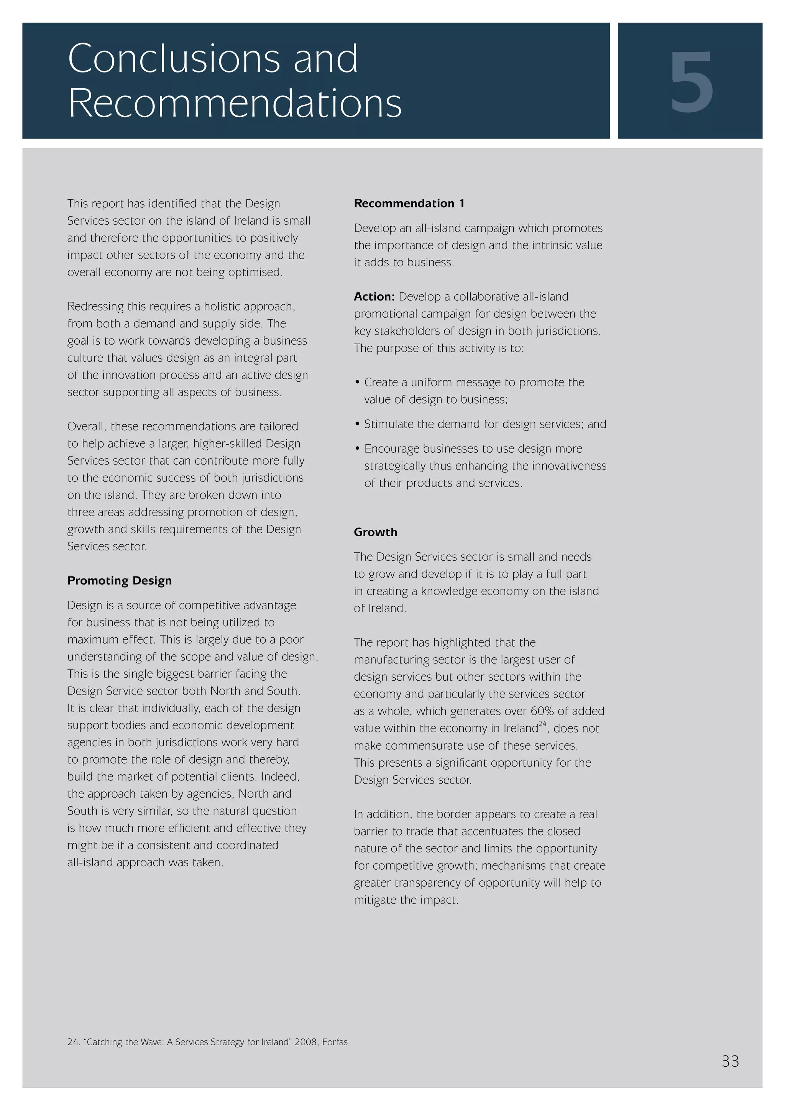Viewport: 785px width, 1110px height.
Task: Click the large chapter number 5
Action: [691, 82]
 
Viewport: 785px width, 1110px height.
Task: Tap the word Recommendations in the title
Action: [235, 103]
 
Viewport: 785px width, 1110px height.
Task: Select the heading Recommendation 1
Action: [409, 204]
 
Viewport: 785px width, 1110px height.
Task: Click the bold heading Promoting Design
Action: [119, 581]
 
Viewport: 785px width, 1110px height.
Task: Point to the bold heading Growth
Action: [375, 532]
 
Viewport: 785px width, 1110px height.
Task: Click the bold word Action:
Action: [374, 297]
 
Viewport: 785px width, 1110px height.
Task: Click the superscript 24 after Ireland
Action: [542, 724]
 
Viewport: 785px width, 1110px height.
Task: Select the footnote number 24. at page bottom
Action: [74, 1042]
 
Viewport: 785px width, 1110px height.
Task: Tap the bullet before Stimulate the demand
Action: [357, 424]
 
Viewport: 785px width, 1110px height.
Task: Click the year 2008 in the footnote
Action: [305, 1042]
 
